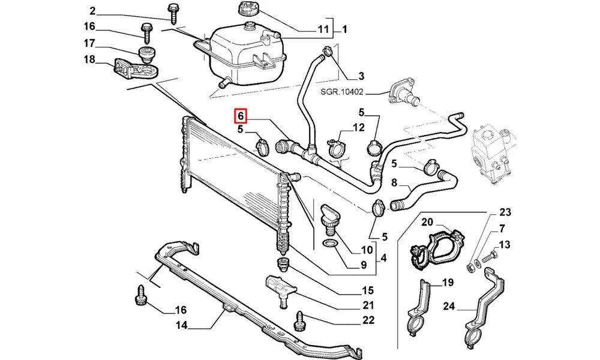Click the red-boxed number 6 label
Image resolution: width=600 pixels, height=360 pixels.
(239, 115)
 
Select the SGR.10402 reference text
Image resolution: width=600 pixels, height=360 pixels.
(340, 93)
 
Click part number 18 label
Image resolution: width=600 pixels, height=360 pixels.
(89, 59)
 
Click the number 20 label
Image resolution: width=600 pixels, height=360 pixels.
(427, 223)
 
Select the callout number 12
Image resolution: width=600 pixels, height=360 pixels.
(358, 127)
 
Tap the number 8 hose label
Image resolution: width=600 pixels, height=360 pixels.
(394, 182)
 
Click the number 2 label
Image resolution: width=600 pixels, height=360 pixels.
(92, 11)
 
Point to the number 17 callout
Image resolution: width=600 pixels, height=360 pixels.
(89, 43)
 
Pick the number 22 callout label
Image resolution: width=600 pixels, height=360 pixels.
(368, 320)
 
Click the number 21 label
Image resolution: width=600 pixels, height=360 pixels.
(368, 305)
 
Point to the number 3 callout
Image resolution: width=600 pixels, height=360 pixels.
(361, 76)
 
